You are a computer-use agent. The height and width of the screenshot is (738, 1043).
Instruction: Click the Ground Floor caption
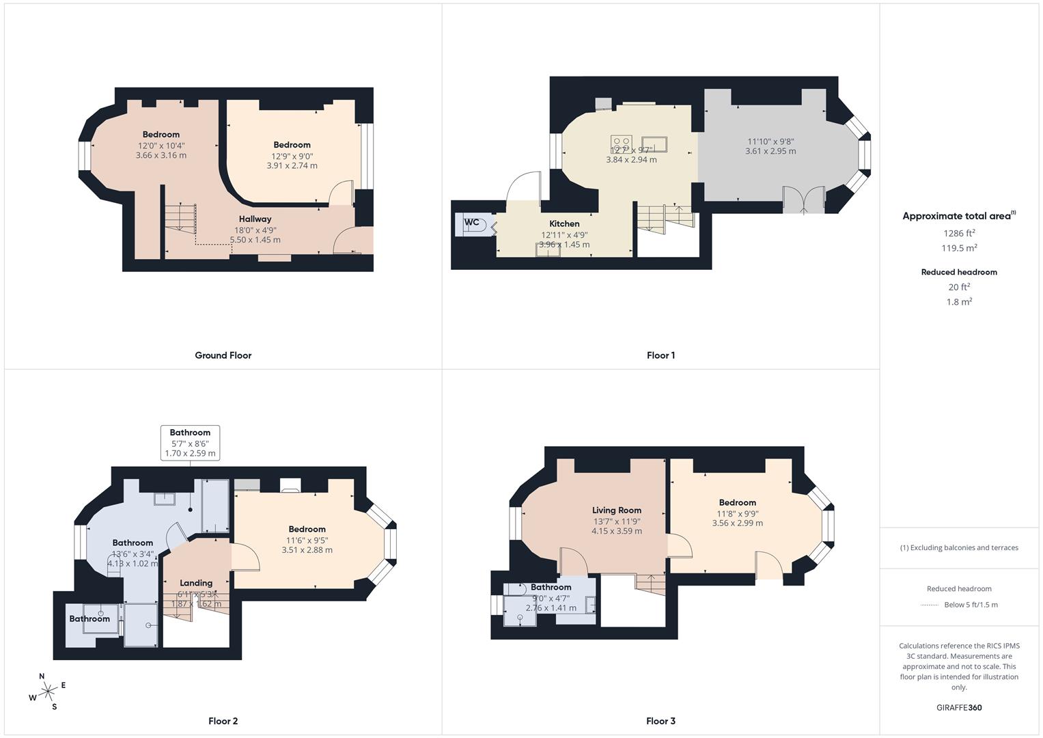click(x=223, y=355)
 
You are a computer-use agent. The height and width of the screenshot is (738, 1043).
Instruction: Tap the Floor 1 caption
click(x=660, y=355)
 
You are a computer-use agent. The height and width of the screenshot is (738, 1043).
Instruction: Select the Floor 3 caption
click(x=660, y=721)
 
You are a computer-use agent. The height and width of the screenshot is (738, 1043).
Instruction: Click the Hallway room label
click(x=255, y=219)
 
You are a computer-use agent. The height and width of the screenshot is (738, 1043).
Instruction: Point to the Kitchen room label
click(x=564, y=224)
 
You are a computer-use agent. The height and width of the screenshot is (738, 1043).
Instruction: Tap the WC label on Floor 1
click(x=471, y=223)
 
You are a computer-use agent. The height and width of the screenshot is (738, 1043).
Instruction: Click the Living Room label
click(x=616, y=510)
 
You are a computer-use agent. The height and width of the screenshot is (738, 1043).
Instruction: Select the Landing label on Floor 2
click(x=196, y=583)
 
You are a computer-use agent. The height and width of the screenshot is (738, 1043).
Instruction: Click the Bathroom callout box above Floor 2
click(x=190, y=443)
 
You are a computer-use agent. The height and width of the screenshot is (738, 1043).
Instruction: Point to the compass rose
click(x=48, y=692)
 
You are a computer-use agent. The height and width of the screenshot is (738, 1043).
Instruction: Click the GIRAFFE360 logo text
click(x=959, y=708)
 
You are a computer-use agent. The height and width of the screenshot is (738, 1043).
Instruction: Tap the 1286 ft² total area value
click(x=959, y=233)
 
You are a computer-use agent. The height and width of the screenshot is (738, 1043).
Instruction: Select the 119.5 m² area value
click(x=959, y=248)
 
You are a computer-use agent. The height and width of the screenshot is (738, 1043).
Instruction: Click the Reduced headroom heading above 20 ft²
click(x=959, y=272)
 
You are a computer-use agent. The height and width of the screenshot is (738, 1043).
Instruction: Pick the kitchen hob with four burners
click(x=621, y=143)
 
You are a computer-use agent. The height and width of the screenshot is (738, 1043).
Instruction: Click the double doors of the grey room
click(x=803, y=200)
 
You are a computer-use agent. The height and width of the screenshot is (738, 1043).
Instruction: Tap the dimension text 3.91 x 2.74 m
click(x=292, y=165)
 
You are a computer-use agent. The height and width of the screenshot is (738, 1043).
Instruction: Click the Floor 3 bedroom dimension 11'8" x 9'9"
click(x=737, y=514)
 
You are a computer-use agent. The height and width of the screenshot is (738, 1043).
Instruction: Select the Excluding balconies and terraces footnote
click(x=959, y=547)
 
